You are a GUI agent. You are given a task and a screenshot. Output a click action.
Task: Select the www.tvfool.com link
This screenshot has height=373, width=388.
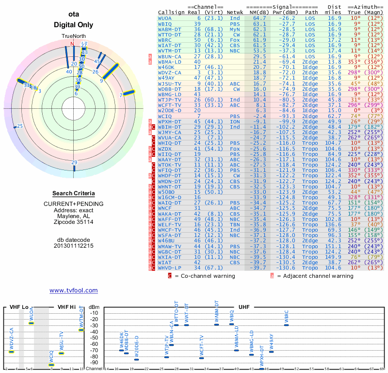73,290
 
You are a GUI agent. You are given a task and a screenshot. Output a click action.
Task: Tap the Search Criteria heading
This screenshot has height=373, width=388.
73,193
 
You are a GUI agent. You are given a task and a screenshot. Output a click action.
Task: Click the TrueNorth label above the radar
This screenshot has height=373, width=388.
73,36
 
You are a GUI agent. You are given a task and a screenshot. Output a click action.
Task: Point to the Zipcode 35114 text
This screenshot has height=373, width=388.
73,222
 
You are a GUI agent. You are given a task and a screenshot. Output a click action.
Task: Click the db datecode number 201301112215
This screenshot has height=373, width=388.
73,245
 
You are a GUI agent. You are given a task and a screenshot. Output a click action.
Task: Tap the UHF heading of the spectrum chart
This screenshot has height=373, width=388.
244,307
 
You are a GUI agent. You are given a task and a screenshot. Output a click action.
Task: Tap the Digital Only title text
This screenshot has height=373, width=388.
73,25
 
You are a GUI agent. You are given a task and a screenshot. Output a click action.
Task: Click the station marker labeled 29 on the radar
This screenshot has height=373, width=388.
74,163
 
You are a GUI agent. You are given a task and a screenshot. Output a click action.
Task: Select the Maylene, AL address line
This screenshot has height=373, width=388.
73,216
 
